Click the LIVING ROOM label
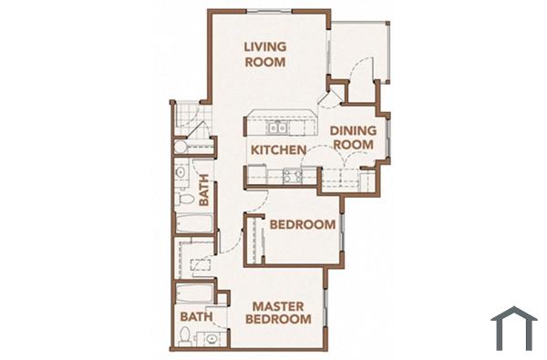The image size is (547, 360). tap(265, 55)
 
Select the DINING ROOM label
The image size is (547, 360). tap(353, 137)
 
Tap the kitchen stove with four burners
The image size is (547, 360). tap(293, 176)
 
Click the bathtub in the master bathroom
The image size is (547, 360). tap(194, 293)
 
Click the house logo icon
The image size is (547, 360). tap(513, 328)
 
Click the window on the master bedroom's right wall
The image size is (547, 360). tap(327, 309)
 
